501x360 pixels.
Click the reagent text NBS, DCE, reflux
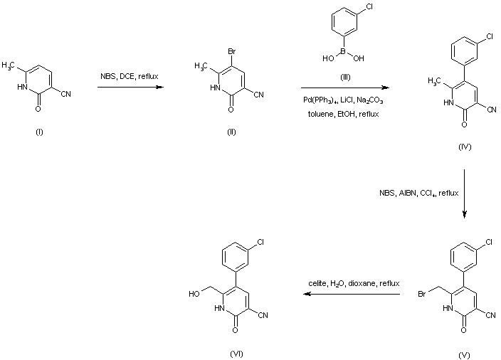click(129, 76)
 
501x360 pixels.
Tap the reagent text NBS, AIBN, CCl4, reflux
click(418, 192)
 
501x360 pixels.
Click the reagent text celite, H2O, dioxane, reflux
click(343, 283)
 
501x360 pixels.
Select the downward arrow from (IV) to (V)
click(464, 193)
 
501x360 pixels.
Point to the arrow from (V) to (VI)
click(343, 293)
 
